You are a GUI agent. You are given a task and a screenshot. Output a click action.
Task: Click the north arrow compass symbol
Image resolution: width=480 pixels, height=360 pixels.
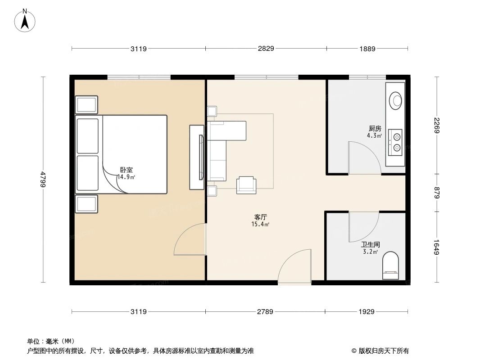point(25,20)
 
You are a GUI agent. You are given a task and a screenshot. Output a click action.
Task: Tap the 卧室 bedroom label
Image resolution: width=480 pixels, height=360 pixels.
point(127,170)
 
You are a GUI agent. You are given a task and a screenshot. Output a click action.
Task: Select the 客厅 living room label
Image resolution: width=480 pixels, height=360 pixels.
point(260,217)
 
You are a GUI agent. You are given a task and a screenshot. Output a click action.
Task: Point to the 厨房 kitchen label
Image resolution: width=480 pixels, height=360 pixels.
point(374,128)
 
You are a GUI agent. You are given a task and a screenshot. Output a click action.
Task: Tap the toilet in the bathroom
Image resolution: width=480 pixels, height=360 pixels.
point(390,265)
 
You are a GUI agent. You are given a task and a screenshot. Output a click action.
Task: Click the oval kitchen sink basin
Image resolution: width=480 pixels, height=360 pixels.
point(396,100)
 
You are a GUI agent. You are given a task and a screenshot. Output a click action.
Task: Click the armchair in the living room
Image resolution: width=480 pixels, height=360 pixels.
point(246,185)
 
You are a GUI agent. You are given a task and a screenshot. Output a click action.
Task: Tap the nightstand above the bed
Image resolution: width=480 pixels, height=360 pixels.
point(86,105)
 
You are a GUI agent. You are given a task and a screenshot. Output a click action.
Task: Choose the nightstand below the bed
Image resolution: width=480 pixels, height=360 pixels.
point(86,204)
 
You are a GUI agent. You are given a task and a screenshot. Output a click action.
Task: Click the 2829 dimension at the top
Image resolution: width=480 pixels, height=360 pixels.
point(266,49)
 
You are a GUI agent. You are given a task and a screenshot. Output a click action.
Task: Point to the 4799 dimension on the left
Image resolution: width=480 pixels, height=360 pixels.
point(43,179)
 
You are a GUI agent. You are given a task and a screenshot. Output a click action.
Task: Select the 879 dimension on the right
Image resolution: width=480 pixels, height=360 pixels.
point(436,193)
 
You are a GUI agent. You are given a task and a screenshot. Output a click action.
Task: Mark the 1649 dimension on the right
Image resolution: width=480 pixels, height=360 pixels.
point(436,247)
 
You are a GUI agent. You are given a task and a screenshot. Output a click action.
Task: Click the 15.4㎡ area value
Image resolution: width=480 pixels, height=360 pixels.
point(260,224)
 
